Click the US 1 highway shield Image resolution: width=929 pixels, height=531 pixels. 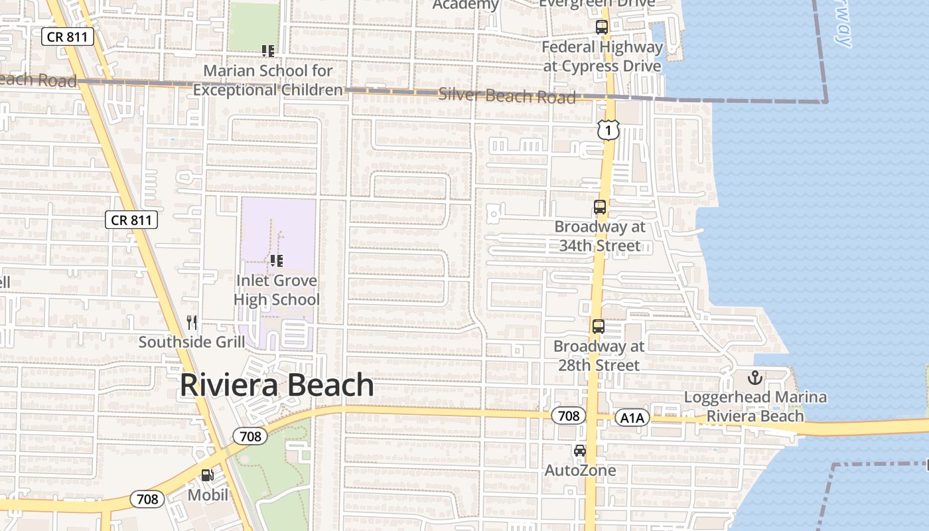pyautogui.click(x=608, y=130)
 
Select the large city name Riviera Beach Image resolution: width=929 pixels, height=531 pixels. pyautogui.click(x=277, y=385)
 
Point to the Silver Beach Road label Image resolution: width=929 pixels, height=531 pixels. pyautogui.click(x=507, y=96)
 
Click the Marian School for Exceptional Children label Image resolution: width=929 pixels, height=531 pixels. pyautogui.click(x=268, y=80)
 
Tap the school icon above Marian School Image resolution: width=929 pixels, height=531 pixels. pyautogui.click(x=268, y=50)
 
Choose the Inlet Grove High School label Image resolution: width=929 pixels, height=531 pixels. pyautogui.click(x=277, y=290)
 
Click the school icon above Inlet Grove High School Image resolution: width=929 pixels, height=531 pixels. pyautogui.click(x=277, y=261)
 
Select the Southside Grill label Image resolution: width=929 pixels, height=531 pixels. pyautogui.click(x=192, y=342)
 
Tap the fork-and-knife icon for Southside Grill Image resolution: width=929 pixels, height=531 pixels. pyautogui.click(x=192, y=323)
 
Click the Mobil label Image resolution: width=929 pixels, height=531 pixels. pyautogui.click(x=208, y=494)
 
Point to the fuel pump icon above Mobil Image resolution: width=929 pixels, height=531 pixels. pyautogui.click(x=208, y=475)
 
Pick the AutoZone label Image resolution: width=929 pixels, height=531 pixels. pyautogui.click(x=580, y=471)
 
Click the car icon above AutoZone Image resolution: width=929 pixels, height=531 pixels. pyautogui.click(x=580, y=451)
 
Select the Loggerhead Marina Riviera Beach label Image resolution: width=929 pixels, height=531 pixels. pyautogui.click(x=755, y=407)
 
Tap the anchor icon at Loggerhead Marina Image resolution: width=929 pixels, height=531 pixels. pyautogui.click(x=755, y=378)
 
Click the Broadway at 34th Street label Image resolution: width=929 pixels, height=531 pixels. pyautogui.click(x=600, y=236)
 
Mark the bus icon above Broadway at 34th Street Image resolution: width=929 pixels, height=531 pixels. pyautogui.click(x=600, y=207)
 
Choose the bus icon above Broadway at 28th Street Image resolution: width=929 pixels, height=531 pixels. pyautogui.click(x=599, y=327)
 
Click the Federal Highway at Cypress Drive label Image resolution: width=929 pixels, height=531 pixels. pyautogui.click(x=602, y=56)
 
